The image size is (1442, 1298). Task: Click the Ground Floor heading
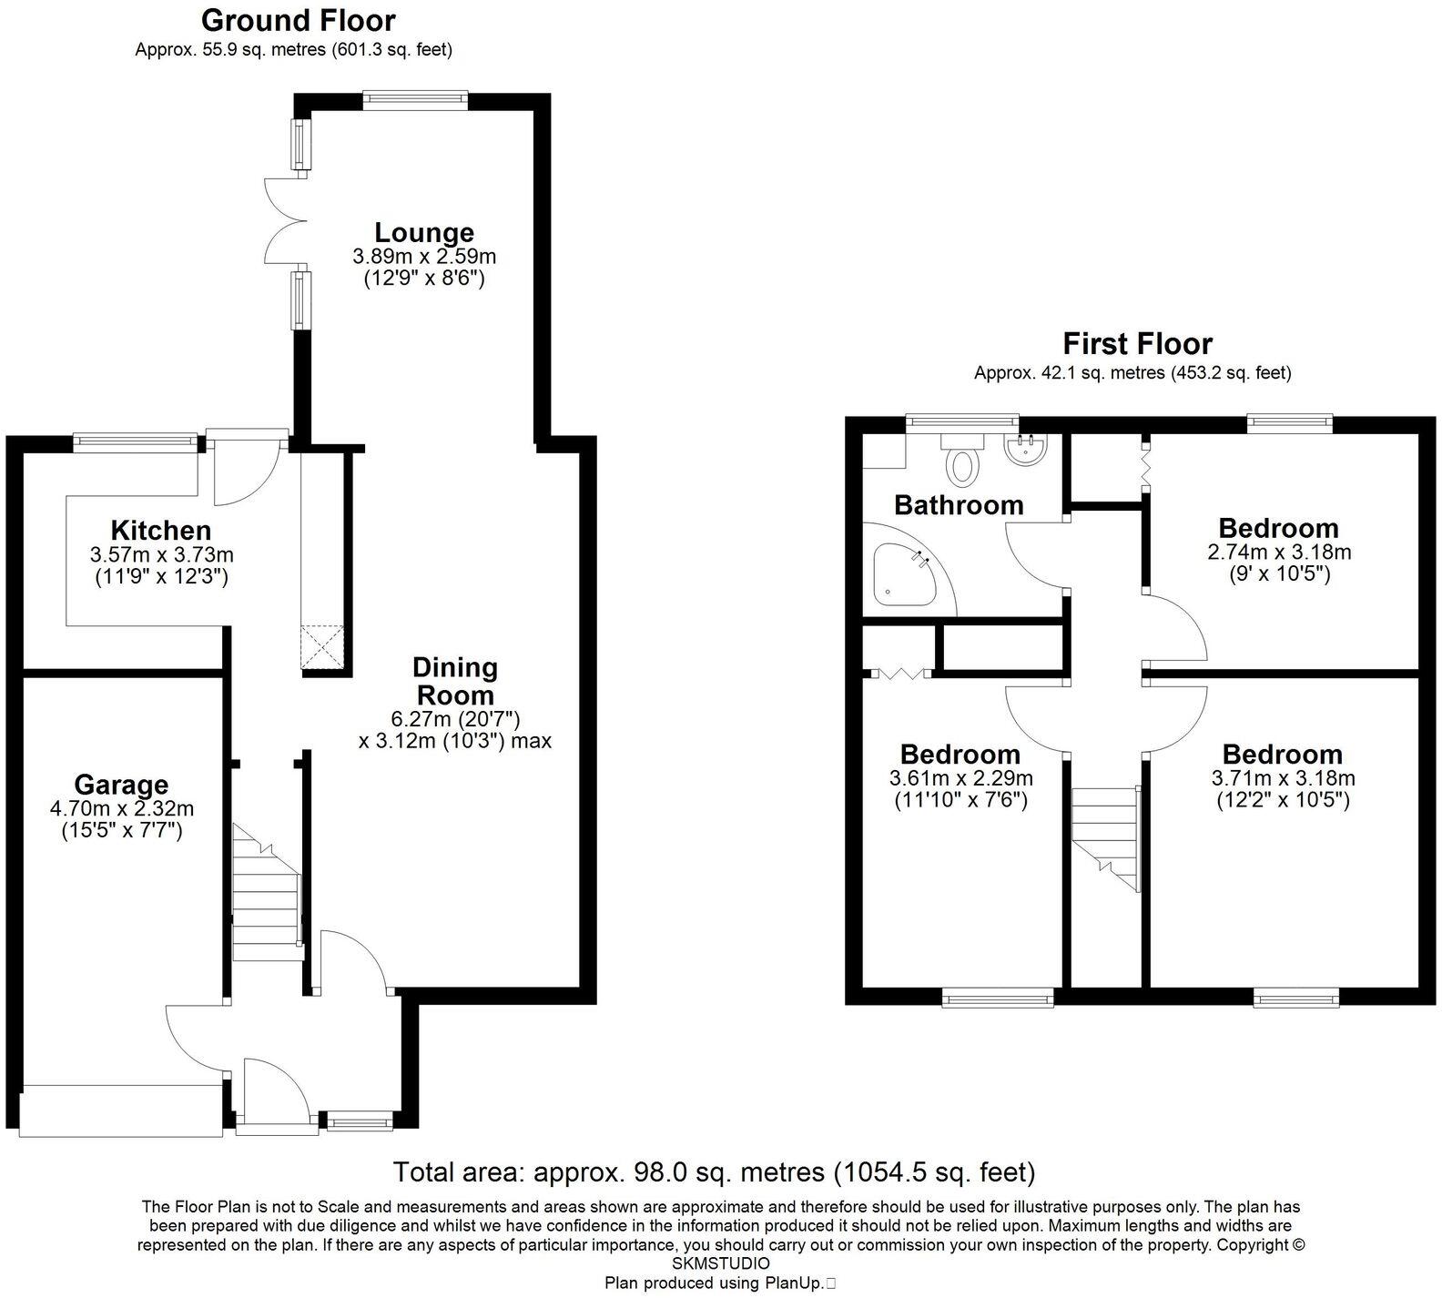pos(299,20)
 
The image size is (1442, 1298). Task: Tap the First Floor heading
pos(1138,344)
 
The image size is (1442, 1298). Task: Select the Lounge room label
pos(424,233)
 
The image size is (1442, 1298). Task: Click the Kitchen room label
pos(161,530)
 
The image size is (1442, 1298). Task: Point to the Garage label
pos(121,784)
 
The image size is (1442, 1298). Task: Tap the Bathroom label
pos(959,504)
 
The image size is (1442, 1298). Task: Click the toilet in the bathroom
pos(962,459)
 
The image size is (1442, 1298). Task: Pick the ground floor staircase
pos(266,887)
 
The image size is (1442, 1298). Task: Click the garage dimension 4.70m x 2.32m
pos(122,807)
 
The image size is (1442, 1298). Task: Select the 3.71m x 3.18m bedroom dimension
pos(1284,778)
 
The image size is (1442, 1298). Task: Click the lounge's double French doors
pos(283,221)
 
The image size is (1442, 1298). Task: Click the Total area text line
pos(714,1171)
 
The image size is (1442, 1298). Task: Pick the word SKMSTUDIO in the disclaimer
pos(720,1264)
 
